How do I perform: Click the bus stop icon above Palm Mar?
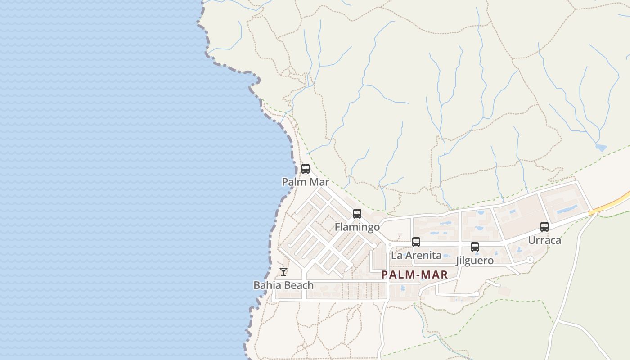pyautogui.click(x=306, y=169)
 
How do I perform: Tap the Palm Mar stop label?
pyautogui.click(x=306, y=182)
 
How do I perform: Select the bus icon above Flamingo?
pyautogui.click(x=357, y=214)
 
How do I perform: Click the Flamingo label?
pyautogui.click(x=357, y=227)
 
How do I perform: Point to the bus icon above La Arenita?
pyautogui.click(x=416, y=242)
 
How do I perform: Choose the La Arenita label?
pyautogui.click(x=416, y=256)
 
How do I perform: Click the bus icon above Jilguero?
pyautogui.click(x=475, y=247)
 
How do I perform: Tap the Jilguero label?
pyautogui.click(x=475, y=261)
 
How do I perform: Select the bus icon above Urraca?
pyautogui.click(x=544, y=227)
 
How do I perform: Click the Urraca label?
pyautogui.click(x=544, y=240)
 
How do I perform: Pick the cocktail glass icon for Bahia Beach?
pyautogui.click(x=283, y=272)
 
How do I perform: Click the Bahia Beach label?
pyautogui.click(x=283, y=285)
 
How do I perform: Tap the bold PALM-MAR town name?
pyautogui.click(x=414, y=275)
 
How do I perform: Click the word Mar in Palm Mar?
pyautogui.click(x=319, y=182)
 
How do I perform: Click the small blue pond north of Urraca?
pyautogui.click(x=601, y=147)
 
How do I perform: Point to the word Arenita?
pyautogui.click(x=423, y=256)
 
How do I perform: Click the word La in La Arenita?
pyautogui.click(x=396, y=256)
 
